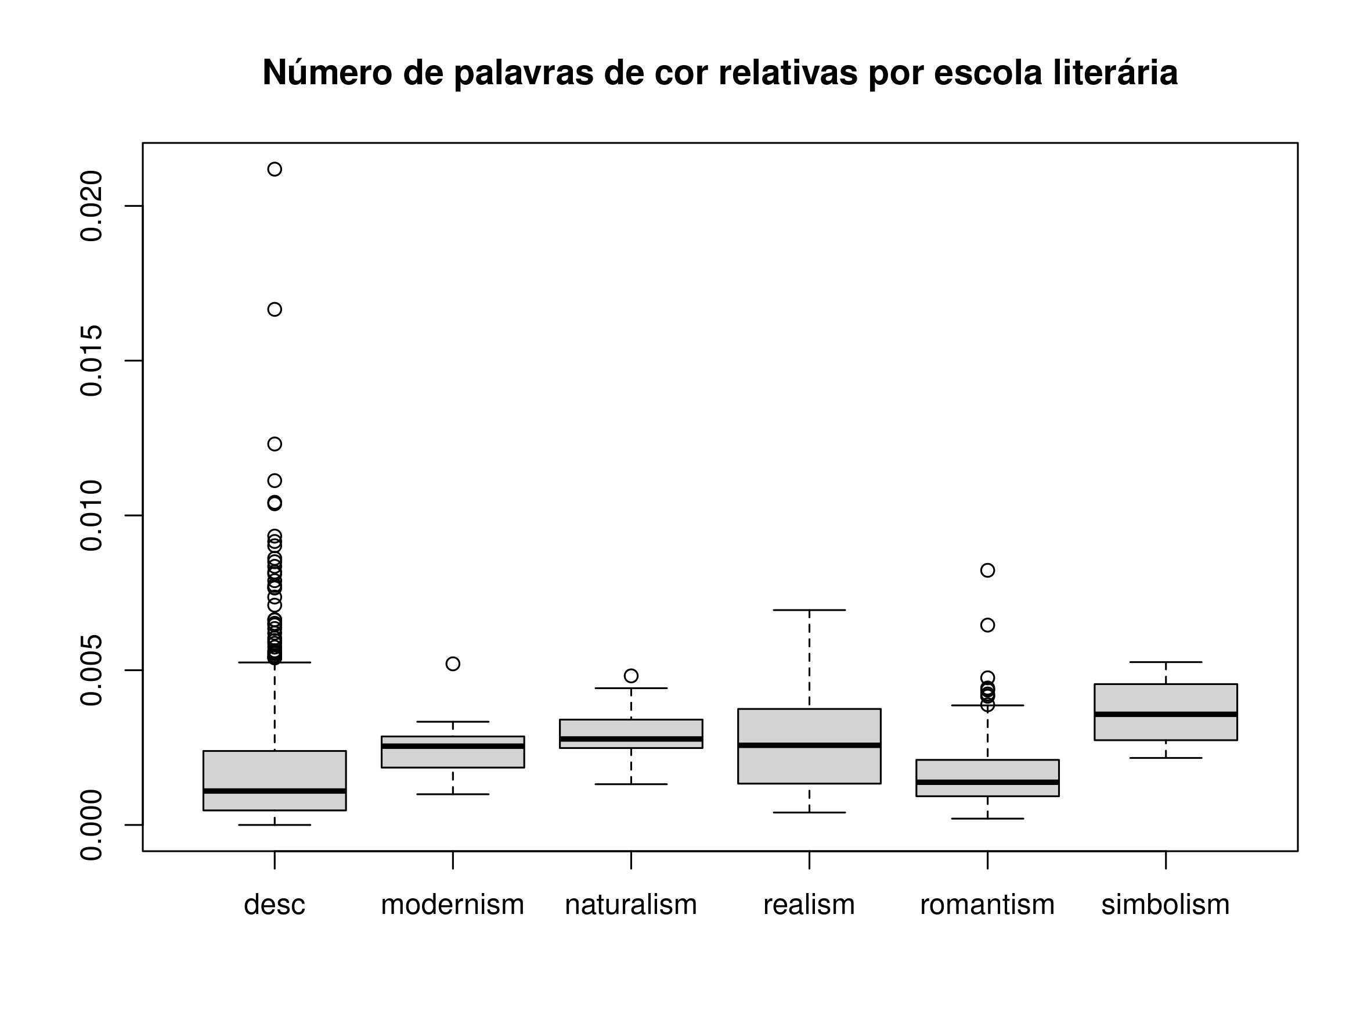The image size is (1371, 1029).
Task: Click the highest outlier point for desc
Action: [275, 169]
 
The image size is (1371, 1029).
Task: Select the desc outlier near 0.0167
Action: [275, 310]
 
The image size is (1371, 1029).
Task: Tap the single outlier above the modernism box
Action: [453, 664]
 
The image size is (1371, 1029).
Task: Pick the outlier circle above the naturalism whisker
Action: [631, 676]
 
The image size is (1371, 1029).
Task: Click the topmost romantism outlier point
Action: [987, 570]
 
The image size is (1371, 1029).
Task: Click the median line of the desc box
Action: [275, 791]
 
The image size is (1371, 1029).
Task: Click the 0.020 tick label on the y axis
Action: [92, 206]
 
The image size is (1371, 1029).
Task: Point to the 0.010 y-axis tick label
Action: [92, 515]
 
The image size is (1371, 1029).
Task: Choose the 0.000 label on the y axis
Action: [92, 825]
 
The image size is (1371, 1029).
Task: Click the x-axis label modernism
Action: [453, 905]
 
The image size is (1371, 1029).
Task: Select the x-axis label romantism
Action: [987, 905]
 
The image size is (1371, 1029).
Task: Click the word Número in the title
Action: [327, 73]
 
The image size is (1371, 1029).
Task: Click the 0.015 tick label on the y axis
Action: [92, 360]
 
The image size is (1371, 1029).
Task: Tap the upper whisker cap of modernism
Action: [453, 722]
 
